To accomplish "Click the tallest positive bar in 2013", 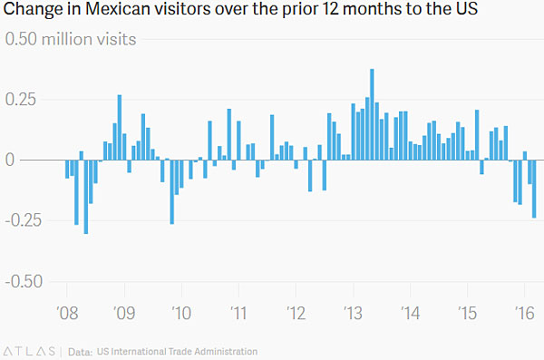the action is click(372, 114).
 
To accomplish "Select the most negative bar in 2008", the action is click(86, 197).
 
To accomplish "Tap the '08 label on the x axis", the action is click(67, 314).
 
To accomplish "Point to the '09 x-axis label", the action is click(124, 314).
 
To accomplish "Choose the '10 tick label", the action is click(181, 314).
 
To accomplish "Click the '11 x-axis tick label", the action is click(238, 314).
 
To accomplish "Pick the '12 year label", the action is click(296, 314).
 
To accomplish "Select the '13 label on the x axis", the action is click(354, 314).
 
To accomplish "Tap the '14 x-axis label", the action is click(411, 314).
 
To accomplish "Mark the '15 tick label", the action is click(467, 314).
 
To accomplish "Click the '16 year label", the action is click(525, 314).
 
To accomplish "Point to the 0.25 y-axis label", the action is click(21, 100).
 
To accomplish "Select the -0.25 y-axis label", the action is click(24, 220).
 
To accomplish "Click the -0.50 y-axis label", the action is click(24, 281).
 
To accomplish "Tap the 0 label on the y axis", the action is click(10, 160).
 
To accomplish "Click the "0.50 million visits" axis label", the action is click(71, 39).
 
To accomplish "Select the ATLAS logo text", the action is click(30, 351).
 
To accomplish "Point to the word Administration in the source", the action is click(226, 352).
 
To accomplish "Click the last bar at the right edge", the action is click(534, 189).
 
